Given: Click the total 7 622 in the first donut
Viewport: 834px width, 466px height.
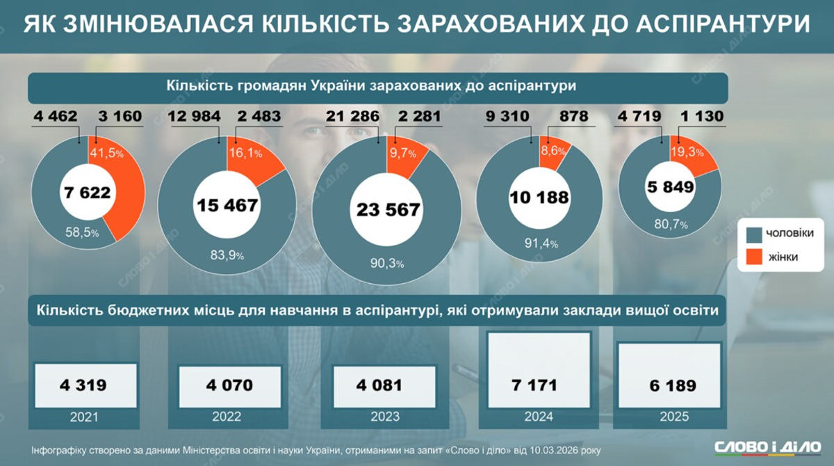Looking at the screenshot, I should click(x=88, y=193).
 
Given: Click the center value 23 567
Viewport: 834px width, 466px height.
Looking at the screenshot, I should click(x=387, y=211).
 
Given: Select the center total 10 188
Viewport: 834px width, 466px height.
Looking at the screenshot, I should click(x=539, y=198).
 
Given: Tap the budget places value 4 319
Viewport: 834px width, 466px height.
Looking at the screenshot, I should click(x=84, y=385).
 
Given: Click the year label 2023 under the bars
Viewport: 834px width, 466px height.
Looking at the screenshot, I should click(x=385, y=417).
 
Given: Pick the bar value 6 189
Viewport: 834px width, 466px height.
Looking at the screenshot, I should click(x=671, y=385).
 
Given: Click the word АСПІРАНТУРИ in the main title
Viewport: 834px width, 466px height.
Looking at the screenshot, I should click(x=723, y=25).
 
